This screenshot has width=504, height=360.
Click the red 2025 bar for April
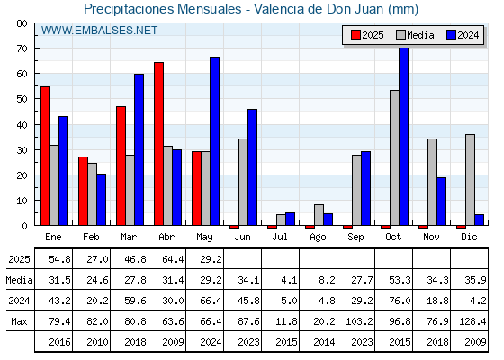(x=158, y=144)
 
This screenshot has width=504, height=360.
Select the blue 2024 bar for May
(x=215, y=141)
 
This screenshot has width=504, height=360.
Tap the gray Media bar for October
(x=394, y=157)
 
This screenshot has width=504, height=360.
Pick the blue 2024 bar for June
(x=252, y=167)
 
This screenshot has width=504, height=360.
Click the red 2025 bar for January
(x=45, y=156)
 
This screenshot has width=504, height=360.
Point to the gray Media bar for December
(x=470, y=180)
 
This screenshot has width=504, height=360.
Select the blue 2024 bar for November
(x=442, y=202)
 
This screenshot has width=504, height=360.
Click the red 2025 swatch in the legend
(x=355, y=35)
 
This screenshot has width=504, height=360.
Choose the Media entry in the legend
(x=415, y=35)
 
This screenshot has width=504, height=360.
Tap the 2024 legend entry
(x=463, y=35)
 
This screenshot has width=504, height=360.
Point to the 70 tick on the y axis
(x=22, y=49)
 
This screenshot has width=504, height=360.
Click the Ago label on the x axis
(x=318, y=238)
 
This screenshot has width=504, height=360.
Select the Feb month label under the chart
(x=91, y=237)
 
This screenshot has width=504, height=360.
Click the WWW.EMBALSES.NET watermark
(x=99, y=31)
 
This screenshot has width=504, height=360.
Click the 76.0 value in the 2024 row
(x=400, y=301)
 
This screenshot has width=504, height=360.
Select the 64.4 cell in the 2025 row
(x=173, y=259)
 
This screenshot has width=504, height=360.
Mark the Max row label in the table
(x=19, y=321)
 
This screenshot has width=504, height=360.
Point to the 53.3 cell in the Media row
(x=400, y=280)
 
